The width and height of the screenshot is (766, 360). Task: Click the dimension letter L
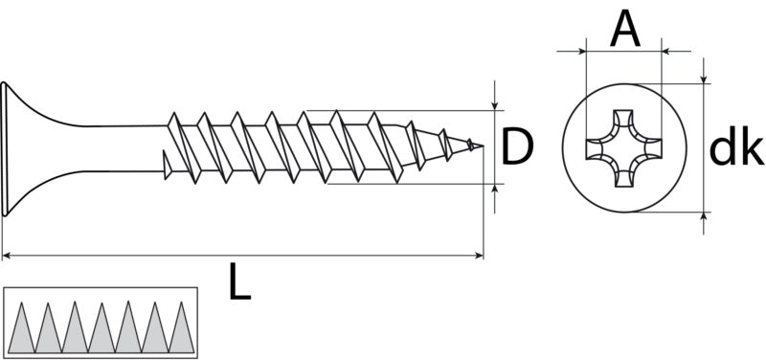point(240,281)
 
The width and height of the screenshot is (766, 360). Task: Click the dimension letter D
point(517,146)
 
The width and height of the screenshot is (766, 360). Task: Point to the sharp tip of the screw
point(484,146)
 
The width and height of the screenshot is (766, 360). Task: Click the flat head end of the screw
point(5,148)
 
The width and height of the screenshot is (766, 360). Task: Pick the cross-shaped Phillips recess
point(624,148)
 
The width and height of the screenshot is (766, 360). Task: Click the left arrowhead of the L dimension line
point(7,255)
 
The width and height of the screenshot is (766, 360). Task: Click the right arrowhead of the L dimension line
point(480,255)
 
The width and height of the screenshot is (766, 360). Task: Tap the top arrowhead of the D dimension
point(495,106)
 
